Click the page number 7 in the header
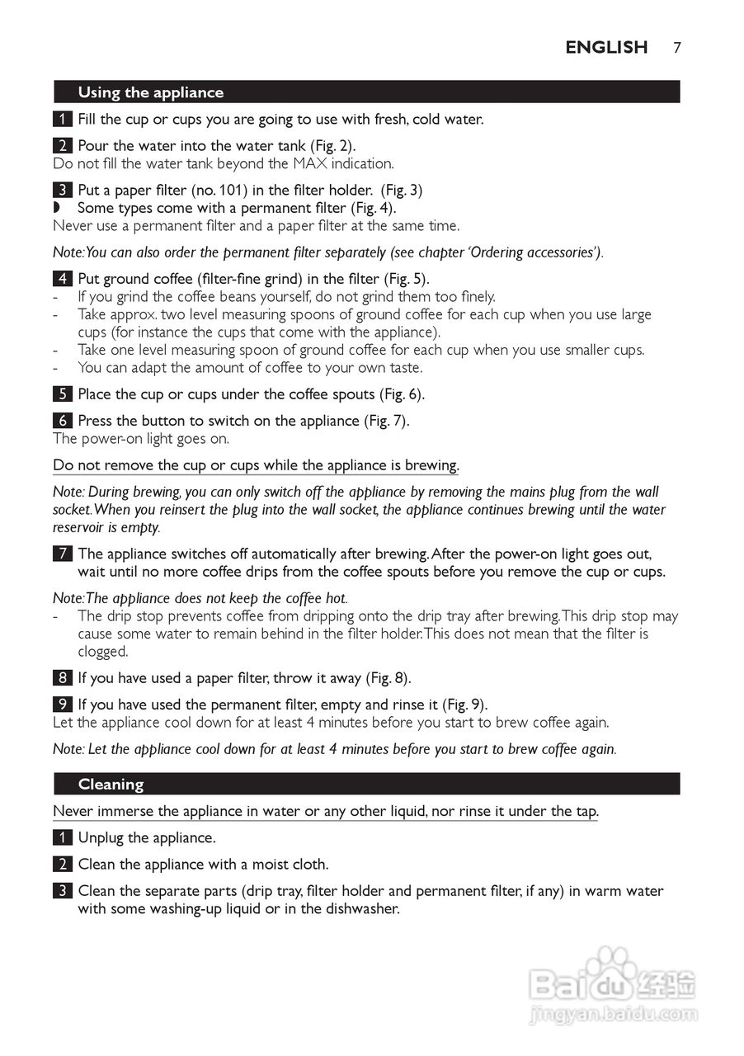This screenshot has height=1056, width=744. click(x=676, y=47)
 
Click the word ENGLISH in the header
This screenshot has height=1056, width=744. click(x=606, y=47)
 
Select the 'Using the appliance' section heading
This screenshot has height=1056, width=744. click(x=150, y=92)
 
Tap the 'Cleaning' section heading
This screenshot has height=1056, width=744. click(x=111, y=784)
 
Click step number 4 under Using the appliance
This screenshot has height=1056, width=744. click(x=62, y=279)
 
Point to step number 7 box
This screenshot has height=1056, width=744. click(x=62, y=554)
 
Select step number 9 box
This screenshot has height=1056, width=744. click(x=62, y=705)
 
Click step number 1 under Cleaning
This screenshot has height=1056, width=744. click(x=62, y=838)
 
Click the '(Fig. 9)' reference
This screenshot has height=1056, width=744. click(x=462, y=705)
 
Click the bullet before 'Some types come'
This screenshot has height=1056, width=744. click(x=57, y=208)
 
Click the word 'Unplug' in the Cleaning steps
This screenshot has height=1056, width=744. click(x=101, y=838)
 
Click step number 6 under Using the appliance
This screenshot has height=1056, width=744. click(x=62, y=421)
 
